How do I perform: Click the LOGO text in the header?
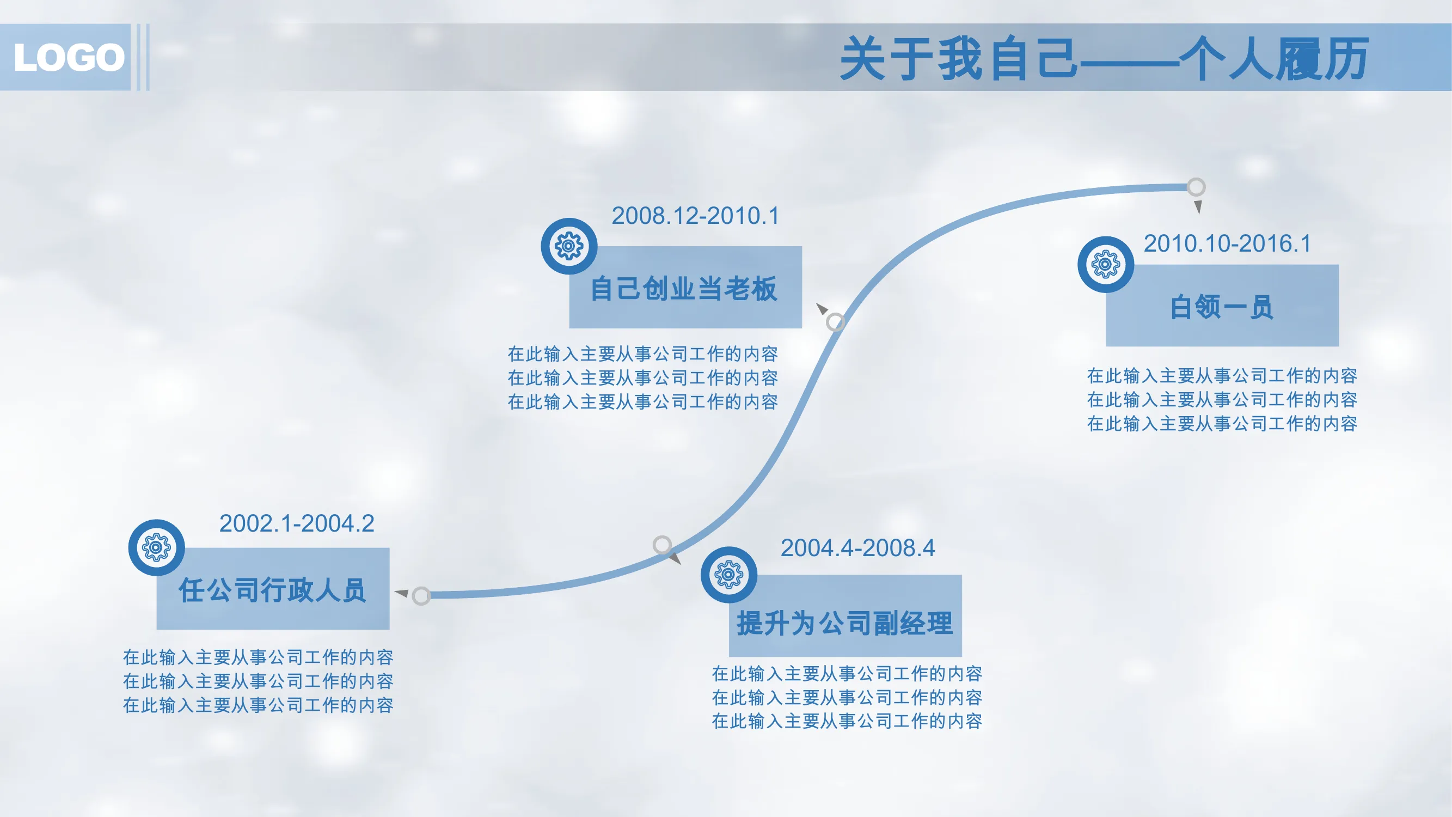coord(69,58)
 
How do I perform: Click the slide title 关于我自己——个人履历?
coord(1104,58)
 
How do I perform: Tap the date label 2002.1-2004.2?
coord(297,523)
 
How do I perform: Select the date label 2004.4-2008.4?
coord(857,547)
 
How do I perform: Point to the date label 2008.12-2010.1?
coord(696,215)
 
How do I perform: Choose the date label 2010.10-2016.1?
coord(1228,243)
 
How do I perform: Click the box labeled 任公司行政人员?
coord(273,589)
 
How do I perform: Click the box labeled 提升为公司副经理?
coord(845,615)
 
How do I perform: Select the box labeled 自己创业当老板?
coord(685,287)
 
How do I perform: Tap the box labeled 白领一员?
coord(1222,306)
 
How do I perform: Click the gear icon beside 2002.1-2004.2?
coord(157,547)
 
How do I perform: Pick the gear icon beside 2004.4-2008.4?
coord(729,575)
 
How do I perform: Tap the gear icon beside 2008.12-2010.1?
coord(569,246)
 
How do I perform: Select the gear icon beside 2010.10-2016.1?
coord(1106,265)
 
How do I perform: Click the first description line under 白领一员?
coord(1222,375)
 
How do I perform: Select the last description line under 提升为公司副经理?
coord(847,721)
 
